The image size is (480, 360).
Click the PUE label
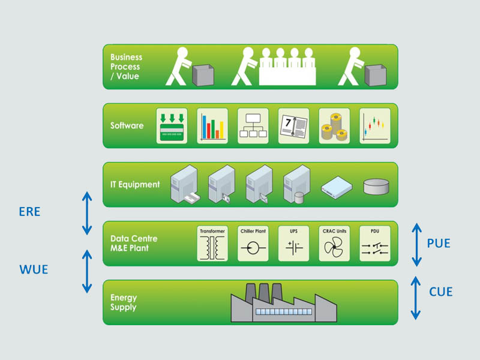438,244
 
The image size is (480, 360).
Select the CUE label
441,292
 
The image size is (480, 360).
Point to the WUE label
33,269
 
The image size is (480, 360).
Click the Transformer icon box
212,244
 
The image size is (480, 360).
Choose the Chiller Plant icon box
253,244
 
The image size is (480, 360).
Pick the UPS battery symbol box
294,244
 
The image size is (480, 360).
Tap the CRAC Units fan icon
334,247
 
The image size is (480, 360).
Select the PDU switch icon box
374,244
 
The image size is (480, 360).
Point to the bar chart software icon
212,126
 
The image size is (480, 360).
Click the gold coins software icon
334,126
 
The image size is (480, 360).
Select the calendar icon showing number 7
293,126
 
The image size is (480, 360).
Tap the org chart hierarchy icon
253,126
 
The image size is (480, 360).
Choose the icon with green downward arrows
172,126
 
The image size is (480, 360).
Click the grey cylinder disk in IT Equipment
376,186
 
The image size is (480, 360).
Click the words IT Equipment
135,184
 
